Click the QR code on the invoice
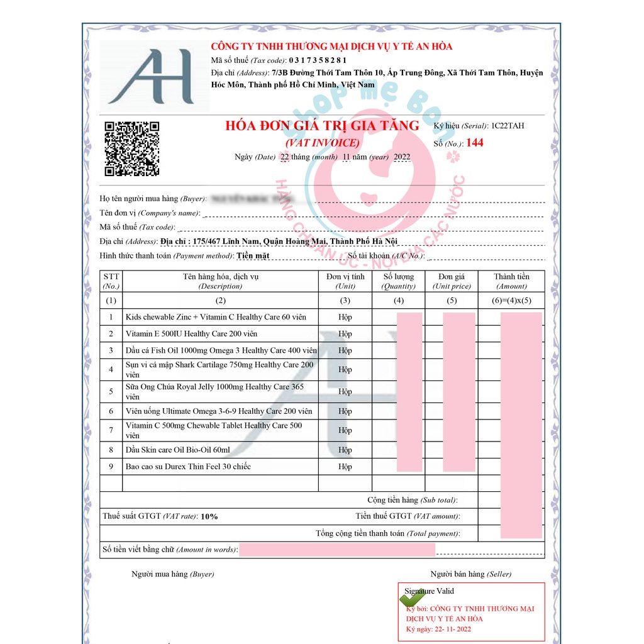(x=131, y=148)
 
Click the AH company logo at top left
(x=154, y=76)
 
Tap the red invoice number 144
(x=475, y=143)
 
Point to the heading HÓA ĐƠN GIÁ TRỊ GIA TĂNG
(x=322, y=126)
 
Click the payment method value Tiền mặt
(x=253, y=256)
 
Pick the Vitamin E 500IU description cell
(x=191, y=334)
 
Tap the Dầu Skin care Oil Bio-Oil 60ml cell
(x=178, y=450)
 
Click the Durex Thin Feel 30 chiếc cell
(x=188, y=467)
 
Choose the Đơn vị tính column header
(x=345, y=281)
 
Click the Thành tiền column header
(x=511, y=281)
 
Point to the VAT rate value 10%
(x=209, y=516)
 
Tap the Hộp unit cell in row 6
(x=345, y=411)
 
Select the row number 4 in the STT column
(x=111, y=370)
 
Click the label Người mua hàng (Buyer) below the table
(x=172, y=574)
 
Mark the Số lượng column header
(x=399, y=281)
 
